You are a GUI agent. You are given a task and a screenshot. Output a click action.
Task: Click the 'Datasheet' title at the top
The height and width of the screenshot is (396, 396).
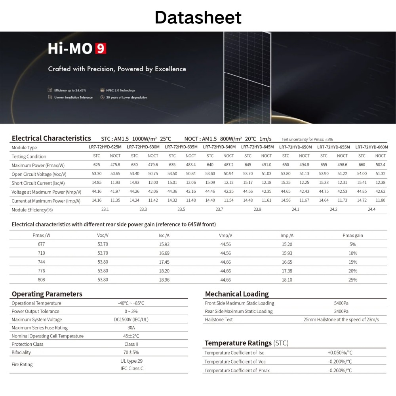tap(198, 17)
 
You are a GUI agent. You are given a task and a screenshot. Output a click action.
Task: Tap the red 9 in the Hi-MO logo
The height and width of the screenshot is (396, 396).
tap(101, 49)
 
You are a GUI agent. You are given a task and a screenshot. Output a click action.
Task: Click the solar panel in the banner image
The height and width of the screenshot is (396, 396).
tap(247, 75)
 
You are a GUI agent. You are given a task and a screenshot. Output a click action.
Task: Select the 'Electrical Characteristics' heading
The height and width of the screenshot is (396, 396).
tap(51, 138)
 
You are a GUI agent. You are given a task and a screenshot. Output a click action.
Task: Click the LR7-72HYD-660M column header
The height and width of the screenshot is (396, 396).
tap(371, 147)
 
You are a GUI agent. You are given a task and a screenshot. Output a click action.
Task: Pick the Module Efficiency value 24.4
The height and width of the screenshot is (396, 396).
tap(371, 209)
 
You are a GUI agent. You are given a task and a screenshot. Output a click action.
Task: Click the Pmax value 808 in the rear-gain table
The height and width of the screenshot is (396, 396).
tap(41, 280)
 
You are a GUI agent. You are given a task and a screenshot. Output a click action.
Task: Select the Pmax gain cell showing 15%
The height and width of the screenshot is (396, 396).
tap(352, 262)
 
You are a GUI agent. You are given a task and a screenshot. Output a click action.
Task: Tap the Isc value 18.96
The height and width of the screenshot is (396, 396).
tap(164, 280)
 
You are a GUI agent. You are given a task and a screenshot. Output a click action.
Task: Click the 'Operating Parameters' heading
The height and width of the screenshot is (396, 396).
tap(47, 294)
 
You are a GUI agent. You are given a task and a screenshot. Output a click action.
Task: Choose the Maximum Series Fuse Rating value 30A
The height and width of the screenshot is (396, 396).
tap(131, 327)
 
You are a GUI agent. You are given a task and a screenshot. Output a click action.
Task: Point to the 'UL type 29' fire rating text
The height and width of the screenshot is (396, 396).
tap(131, 361)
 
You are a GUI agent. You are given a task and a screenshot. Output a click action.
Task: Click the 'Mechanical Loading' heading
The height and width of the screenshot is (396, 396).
tap(237, 294)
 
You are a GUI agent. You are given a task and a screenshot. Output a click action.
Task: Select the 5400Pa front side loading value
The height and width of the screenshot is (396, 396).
tap(341, 303)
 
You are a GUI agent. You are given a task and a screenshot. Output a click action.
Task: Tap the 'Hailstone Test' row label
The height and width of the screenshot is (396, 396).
tap(219, 320)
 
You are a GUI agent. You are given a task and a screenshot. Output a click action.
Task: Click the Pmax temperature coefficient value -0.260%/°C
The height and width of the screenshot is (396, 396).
tap(340, 370)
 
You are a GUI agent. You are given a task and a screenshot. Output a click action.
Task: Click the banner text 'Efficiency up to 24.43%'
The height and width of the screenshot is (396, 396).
tap(70, 90)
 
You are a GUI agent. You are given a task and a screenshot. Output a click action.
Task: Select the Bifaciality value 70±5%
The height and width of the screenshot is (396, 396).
tap(131, 352)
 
